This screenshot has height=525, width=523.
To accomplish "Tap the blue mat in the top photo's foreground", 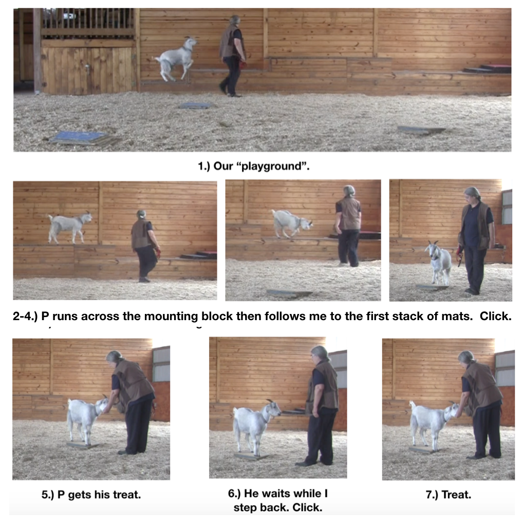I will click(x=77, y=137).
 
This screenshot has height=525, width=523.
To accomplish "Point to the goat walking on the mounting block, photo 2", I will click(x=69, y=226).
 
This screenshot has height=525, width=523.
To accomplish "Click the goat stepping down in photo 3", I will click(x=291, y=222).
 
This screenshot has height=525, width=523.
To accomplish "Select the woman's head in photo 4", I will click(x=472, y=195).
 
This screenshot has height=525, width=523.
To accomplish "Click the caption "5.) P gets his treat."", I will click(x=91, y=495).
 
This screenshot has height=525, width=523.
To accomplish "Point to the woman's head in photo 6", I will click(x=320, y=354).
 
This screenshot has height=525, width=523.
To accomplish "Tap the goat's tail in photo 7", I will click(x=412, y=405).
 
